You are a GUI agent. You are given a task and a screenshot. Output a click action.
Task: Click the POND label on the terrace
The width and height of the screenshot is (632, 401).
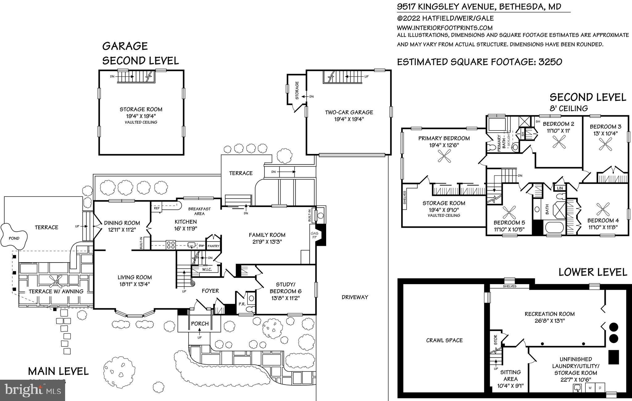click(x=14, y=238)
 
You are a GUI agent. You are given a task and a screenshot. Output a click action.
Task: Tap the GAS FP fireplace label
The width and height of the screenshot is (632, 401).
click(x=314, y=235)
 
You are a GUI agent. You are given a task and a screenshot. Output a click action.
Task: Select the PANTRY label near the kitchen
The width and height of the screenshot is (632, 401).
click(x=213, y=246)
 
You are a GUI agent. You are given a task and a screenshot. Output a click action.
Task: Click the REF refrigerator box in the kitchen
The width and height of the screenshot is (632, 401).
click(x=157, y=208)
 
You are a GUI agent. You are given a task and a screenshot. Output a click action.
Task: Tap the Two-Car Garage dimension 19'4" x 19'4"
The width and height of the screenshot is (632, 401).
click(x=349, y=119)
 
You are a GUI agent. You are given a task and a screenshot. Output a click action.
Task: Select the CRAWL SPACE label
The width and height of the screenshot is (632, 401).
click(x=444, y=340)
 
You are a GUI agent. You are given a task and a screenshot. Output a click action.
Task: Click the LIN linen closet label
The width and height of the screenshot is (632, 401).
click(x=560, y=188)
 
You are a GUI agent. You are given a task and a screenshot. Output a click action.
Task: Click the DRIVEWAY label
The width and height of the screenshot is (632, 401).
click(x=355, y=297)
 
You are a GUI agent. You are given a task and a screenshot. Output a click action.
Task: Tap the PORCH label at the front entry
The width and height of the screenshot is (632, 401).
click(x=200, y=324)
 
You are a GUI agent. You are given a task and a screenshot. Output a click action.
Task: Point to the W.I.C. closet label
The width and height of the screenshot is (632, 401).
click(x=207, y=270)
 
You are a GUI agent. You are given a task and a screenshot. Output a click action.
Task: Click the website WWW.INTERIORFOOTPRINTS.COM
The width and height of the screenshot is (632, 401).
click(x=445, y=28)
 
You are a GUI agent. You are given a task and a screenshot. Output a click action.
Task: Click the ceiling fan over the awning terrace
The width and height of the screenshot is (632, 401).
click(x=56, y=281)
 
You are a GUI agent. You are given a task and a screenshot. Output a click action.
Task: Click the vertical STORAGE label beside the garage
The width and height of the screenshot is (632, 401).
click(x=297, y=90)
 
